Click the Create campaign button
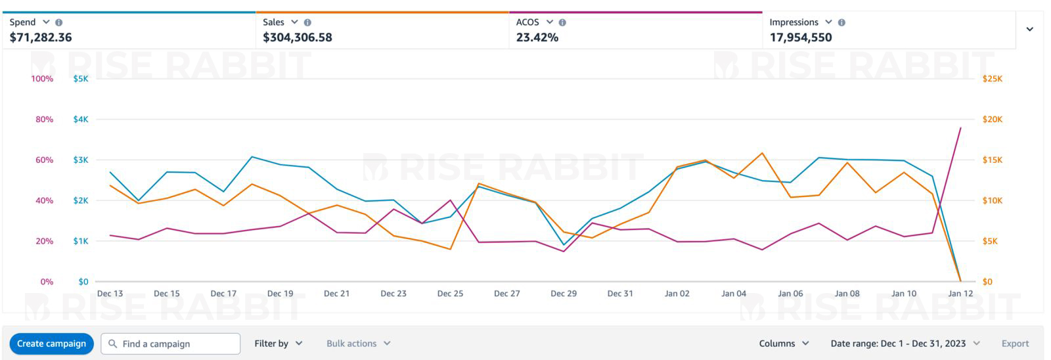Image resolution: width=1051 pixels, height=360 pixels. click(51, 344)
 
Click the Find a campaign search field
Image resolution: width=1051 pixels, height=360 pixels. click(171, 344)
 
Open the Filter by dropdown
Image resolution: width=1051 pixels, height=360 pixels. click(279, 344)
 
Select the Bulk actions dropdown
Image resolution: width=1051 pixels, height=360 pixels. click(358, 344)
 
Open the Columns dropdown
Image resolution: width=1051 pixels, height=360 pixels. click(784, 344)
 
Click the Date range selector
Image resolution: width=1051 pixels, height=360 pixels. click(905, 344)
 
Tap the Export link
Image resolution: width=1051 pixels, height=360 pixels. click(1015, 344)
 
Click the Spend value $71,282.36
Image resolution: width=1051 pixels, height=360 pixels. click(41, 37)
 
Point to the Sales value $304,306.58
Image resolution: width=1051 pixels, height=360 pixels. click(298, 37)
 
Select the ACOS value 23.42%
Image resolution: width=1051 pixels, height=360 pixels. click(537, 37)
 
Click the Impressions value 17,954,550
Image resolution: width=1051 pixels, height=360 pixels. click(801, 37)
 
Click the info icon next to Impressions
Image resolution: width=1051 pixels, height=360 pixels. click(842, 22)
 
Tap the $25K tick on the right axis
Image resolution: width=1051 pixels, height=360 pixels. click(993, 79)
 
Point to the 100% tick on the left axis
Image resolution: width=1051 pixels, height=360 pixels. click(42, 79)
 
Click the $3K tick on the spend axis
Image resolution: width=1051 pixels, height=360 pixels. click(80, 160)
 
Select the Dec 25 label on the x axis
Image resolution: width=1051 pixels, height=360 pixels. click(450, 294)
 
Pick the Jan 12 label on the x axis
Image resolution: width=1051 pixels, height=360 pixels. click(960, 294)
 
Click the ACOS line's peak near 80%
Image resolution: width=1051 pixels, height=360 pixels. click(960, 128)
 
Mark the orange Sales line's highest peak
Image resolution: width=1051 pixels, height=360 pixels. click(762, 153)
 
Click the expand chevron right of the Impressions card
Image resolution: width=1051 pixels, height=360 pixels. click(1030, 29)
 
